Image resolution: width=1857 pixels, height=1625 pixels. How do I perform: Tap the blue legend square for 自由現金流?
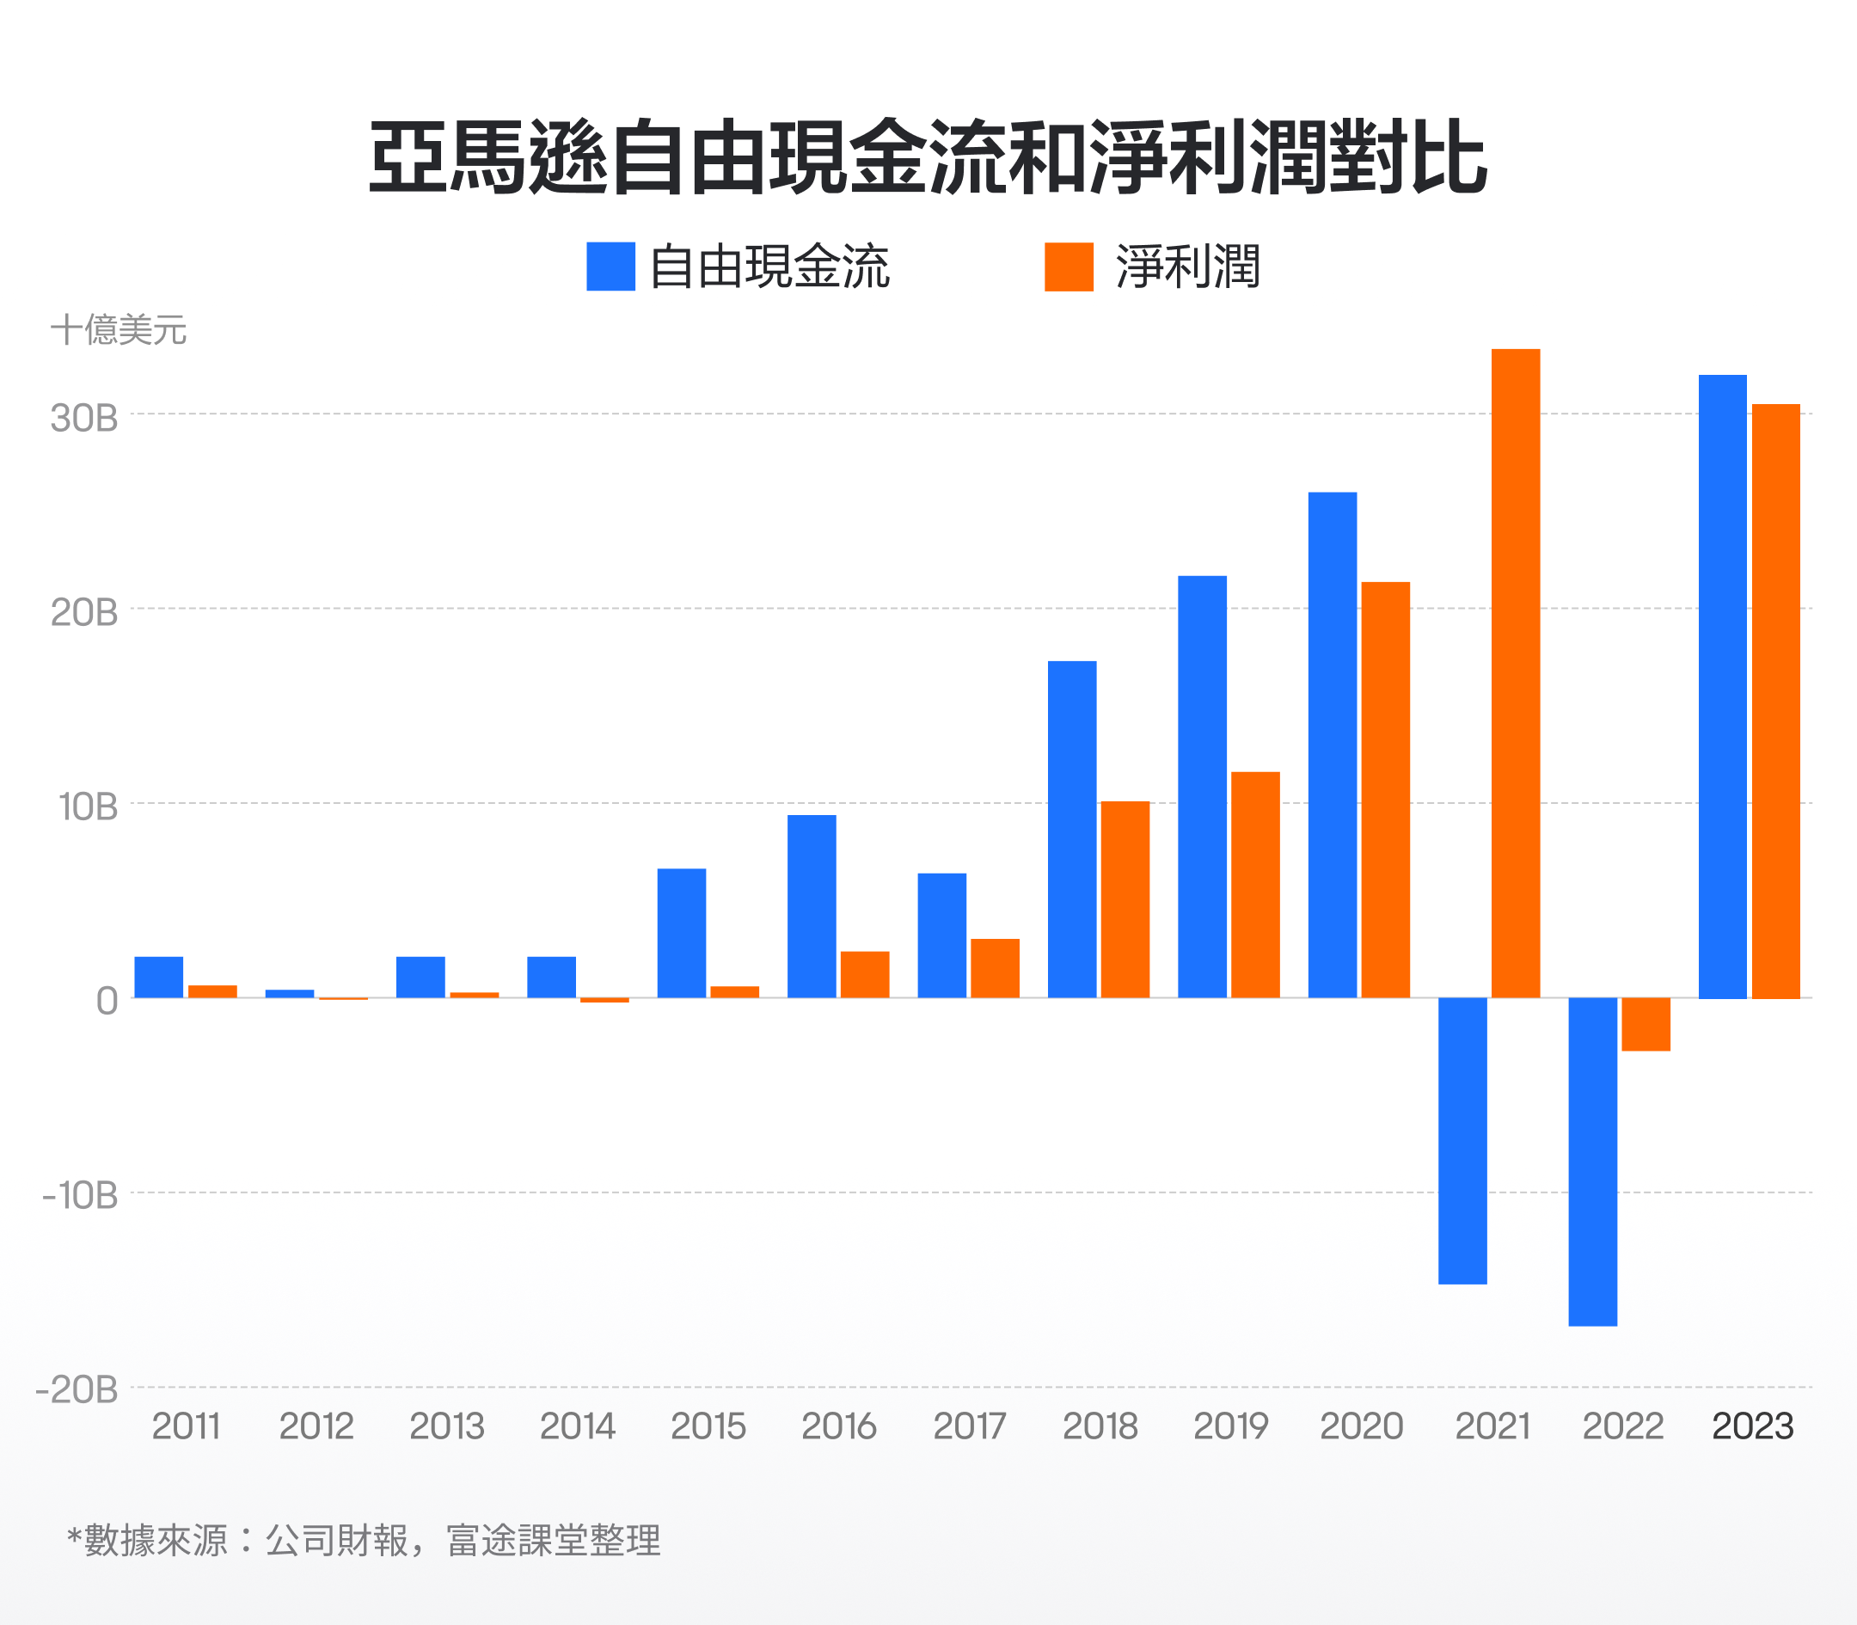coord(610,267)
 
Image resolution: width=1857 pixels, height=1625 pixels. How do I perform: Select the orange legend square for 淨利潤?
coord(1068,267)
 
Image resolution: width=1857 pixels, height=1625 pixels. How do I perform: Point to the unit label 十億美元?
coord(118,330)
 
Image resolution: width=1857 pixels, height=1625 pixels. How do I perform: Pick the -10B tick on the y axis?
coord(81,1196)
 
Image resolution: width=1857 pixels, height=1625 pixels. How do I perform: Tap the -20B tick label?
coord(77,1389)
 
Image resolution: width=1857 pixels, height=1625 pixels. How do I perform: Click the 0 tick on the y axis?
coord(107,1002)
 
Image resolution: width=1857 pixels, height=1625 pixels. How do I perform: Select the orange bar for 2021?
coord(1515,673)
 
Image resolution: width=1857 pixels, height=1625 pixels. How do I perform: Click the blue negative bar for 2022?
coord(1592,1161)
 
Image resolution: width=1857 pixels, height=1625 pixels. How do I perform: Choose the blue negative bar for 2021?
coord(1462,1140)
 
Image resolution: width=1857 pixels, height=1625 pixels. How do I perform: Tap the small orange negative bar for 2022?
coord(1645,1024)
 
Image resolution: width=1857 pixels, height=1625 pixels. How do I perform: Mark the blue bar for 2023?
coord(1722,686)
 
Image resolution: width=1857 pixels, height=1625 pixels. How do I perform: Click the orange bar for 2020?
coord(1385,789)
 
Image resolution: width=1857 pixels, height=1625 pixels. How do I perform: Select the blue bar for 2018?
coord(1072,829)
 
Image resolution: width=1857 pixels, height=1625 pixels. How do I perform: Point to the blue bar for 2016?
coord(812,906)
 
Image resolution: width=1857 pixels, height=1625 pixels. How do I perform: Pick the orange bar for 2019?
coord(1255,884)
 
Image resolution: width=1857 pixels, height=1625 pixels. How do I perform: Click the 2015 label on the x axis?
coord(708,1426)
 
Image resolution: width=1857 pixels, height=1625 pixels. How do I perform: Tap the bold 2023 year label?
coord(1752,1426)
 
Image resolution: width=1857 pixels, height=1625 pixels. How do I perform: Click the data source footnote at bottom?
coord(364,1541)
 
